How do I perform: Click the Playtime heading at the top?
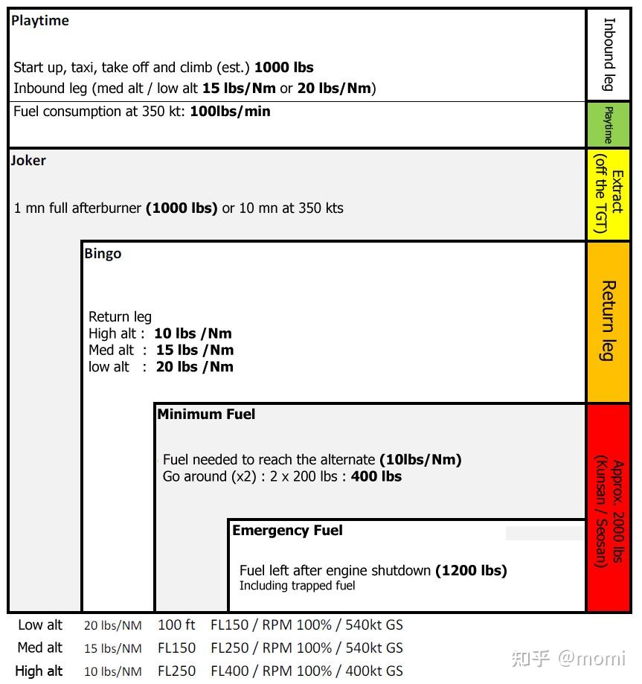coord(40,21)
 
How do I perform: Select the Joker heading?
coord(29,160)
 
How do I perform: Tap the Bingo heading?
coord(103,254)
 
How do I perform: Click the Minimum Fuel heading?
coord(206,415)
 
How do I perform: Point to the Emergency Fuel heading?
coord(287,531)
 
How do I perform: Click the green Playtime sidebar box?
coord(608,125)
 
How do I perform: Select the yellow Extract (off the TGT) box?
coord(608,194)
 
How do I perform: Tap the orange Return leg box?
coord(608,322)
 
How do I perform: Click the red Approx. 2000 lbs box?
coord(608,508)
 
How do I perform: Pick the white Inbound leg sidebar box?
coord(608,54)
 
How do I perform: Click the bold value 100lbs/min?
coord(231,112)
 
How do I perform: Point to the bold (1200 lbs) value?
coord(471,571)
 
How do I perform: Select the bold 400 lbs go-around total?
coord(376,476)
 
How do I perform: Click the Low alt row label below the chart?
coord(40,625)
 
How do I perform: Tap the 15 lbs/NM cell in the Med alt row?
coord(112,648)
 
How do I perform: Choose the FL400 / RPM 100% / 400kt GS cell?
coord(306,671)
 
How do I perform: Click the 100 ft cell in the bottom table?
coord(176,625)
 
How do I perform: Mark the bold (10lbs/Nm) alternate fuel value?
coord(420,460)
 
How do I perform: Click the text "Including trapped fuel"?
coord(297,586)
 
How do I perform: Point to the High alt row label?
coord(39,671)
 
